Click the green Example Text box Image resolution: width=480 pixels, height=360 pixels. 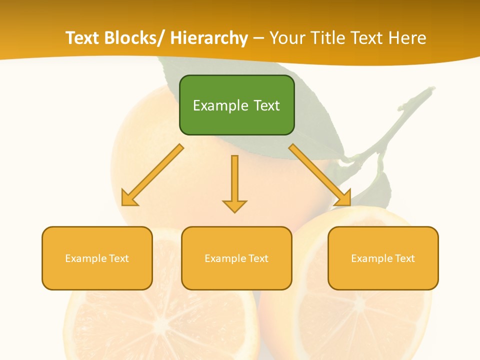pos(236,105)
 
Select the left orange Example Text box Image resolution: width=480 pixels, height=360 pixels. pos(97,258)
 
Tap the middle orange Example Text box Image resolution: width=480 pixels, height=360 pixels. pos(236,258)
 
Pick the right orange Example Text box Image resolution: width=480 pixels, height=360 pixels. pos(383,258)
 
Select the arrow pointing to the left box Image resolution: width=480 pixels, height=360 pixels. pos(153,175)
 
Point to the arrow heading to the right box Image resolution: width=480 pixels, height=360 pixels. pos(320,175)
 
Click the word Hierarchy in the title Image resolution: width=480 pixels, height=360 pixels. pos(209,38)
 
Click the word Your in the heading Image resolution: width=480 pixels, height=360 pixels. pos(286,38)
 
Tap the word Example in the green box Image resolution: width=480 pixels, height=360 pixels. pos(220,105)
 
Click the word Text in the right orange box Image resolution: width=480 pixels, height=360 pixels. pos(404,258)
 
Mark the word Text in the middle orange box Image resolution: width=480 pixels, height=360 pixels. pos(257,258)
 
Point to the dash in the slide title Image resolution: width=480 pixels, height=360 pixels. pos(258,38)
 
